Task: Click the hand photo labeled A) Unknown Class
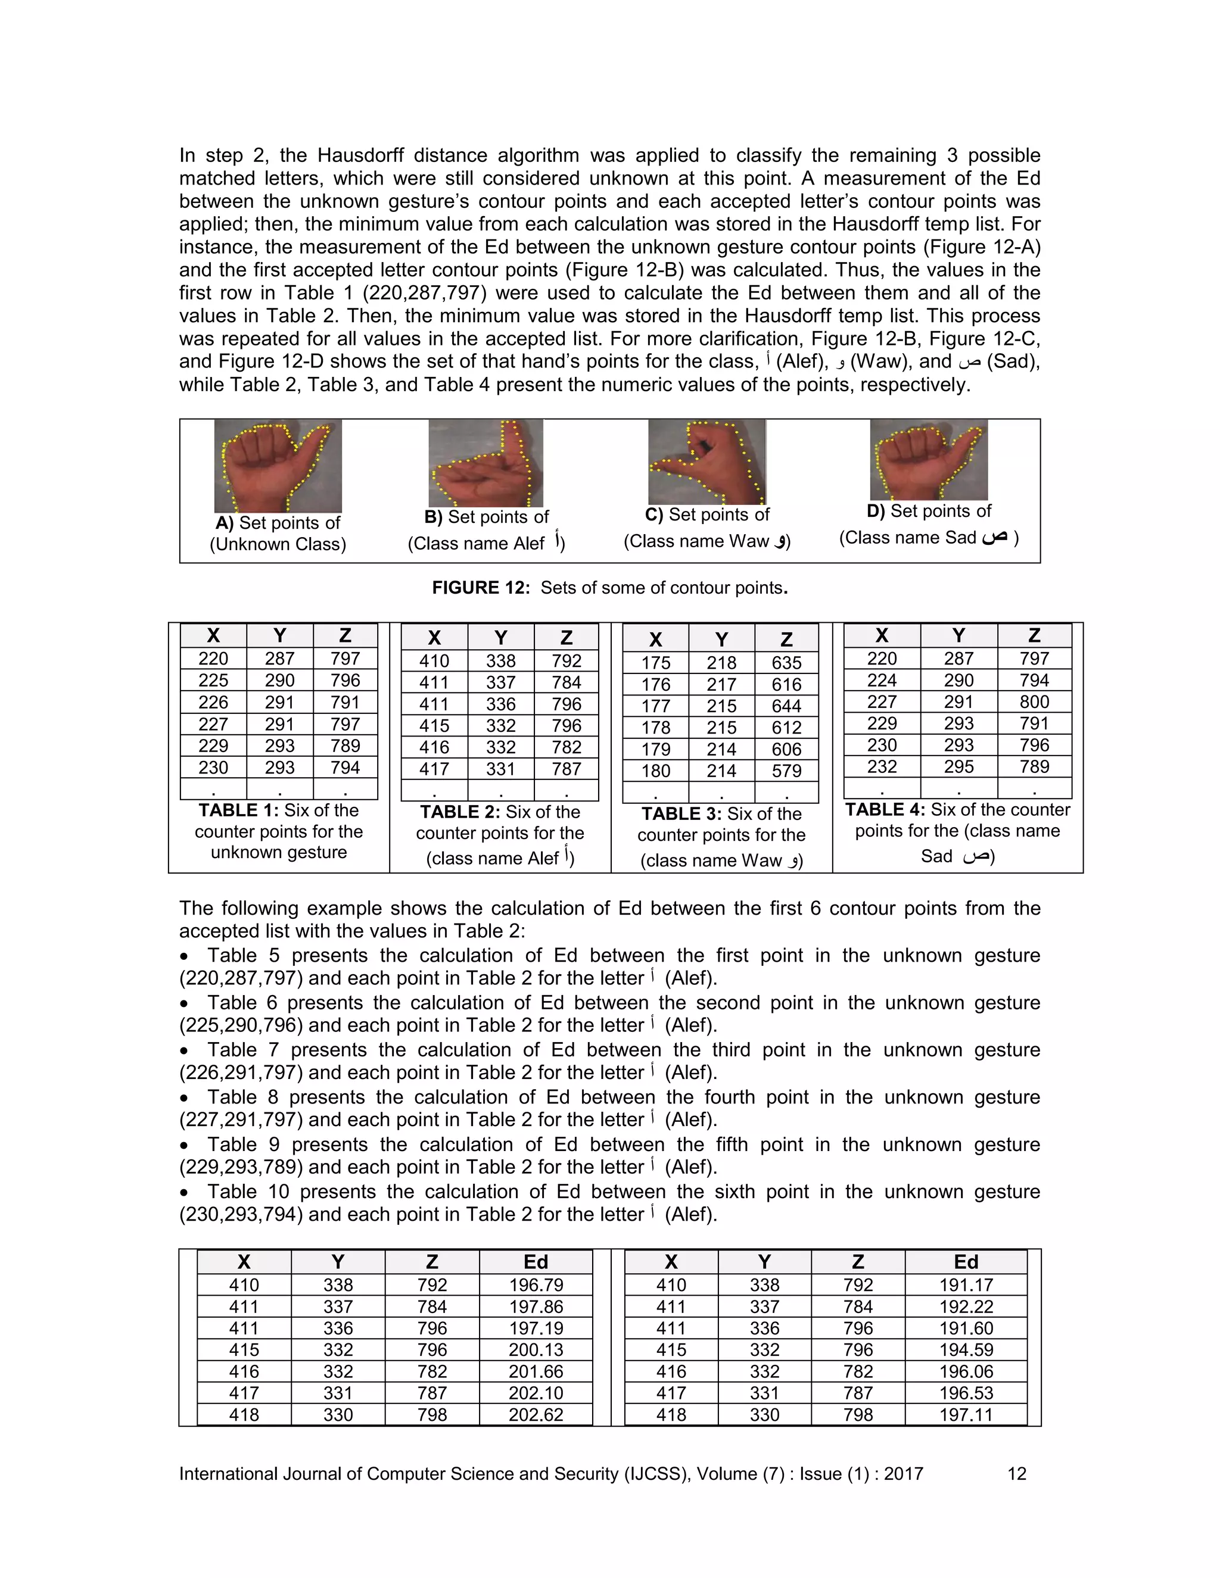[x=278, y=466]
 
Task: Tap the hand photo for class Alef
[x=485, y=463]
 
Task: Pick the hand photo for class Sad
[x=928, y=460]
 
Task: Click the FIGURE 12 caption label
[x=481, y=587]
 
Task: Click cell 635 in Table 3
[x=786, y=663]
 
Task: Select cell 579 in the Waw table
[x=786, y=771]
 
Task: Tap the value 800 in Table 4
[x=1034, y=701]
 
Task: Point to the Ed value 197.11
[x=966, y=1415]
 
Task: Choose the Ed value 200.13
[x=536, y=1350]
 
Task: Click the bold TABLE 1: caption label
[x=238, y=810]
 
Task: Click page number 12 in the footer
[x=1016, y=1474]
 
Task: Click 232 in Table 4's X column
[x=882, y=766]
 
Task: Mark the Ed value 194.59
[x=966, y=1350]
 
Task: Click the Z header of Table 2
[x=566, y=638]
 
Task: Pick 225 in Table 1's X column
[x=213, y=681]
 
